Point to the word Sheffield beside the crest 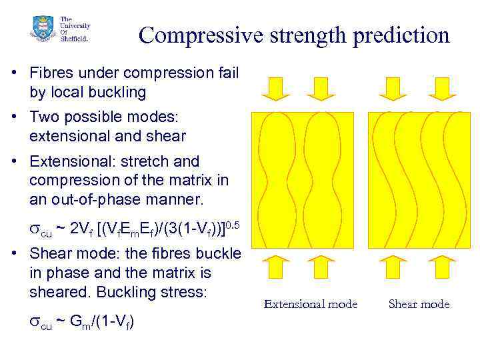[x=73, y=38]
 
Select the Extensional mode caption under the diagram [x=311, y=305]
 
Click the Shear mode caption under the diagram [x=419, y=305]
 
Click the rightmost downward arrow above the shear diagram [x=442, y=87]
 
